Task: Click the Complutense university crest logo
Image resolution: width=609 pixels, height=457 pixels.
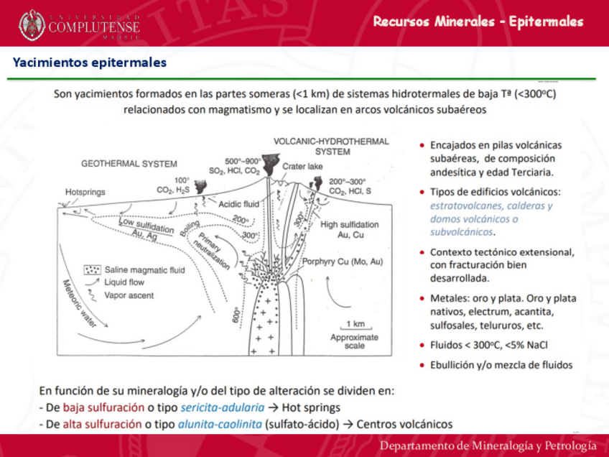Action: (x=32, y=24)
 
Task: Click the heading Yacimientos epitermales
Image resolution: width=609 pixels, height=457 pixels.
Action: (x=89, y=63)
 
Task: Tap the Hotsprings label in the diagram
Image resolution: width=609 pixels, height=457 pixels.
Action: (x=85, y=192)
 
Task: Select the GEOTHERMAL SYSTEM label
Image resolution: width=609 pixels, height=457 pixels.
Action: (x=129, y=164)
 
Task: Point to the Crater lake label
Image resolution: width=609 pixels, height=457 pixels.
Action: (x=302, y=166)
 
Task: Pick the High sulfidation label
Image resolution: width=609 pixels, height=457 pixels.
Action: (x=350, y=224)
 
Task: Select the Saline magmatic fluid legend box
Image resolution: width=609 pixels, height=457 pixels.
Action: (x=92, y=270)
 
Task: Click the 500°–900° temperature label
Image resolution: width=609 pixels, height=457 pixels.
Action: (x=243, y=161)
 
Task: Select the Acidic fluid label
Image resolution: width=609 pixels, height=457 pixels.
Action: (x=238, y=203)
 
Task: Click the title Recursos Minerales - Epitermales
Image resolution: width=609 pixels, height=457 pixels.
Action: (x=478, y=22)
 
